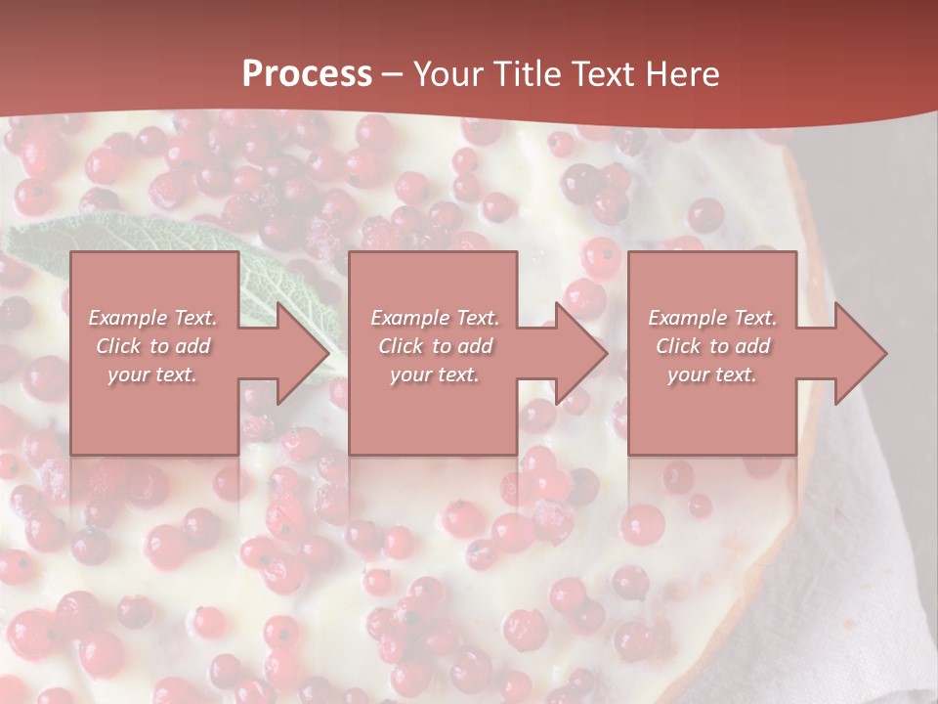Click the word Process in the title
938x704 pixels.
coord(307,74)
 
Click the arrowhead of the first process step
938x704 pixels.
coord(303,353)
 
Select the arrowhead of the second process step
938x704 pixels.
coord(580,353)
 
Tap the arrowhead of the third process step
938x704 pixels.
coord(860,353)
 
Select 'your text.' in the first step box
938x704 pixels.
coord(152,374)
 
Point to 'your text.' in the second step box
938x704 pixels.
coord(434,374)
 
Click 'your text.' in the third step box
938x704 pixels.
coord(711,374)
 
